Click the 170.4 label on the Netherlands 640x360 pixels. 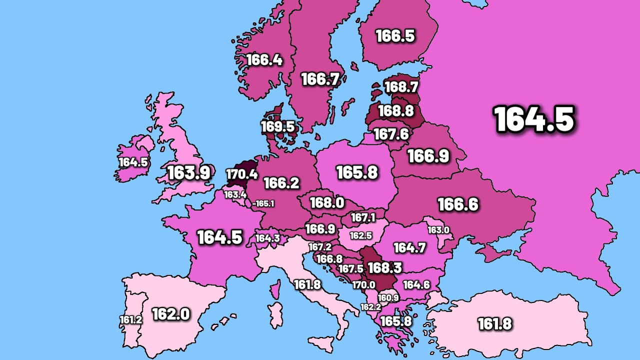[242, 174]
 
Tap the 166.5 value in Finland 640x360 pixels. [395, 36]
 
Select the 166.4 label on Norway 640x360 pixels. [264, 60]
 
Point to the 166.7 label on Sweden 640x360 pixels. [320, 79]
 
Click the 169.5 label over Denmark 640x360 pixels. [277, 126]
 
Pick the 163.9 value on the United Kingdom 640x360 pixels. [188, 173]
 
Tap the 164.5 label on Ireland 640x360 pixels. [133, 162]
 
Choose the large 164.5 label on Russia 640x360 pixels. [534, 119]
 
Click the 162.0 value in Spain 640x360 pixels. [170, 314]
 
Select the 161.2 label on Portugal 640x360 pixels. [130, 319]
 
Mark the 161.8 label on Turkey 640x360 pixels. [494, 323]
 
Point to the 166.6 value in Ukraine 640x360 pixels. [457, 204]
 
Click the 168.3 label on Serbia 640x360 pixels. [384, 268]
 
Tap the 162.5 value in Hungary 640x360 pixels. [360, 235]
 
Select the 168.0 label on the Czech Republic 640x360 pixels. [326, 202]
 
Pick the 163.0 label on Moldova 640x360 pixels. [438, 230]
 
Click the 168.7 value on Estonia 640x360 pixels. [401, 87]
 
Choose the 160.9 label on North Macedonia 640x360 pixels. [388, 298]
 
